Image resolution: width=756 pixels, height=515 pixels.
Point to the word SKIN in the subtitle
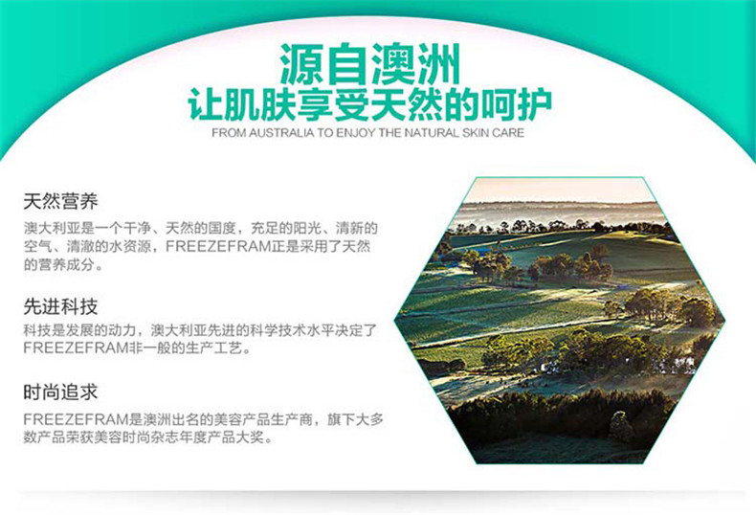coord(476,133)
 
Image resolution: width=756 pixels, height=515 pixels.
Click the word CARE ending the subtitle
coord(508,133)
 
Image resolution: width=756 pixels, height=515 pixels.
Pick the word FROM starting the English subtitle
coord(229,133)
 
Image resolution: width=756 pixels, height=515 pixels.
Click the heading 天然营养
coord(60,201)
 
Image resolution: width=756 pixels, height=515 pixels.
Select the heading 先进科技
coord(60,306)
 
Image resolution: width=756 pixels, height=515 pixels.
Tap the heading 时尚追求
coord(60,392)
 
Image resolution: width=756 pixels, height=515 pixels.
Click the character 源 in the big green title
coord(302,65)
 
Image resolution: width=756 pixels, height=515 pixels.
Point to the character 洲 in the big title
coord(438,65)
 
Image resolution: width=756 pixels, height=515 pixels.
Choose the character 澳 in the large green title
coord(394,65)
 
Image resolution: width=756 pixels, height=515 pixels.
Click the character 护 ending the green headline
coord(534,104)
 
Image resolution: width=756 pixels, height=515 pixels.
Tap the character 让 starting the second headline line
coord(206,104)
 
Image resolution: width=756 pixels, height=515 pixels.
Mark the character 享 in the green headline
coord(314,104)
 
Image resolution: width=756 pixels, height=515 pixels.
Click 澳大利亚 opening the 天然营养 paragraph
coord(52,228)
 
